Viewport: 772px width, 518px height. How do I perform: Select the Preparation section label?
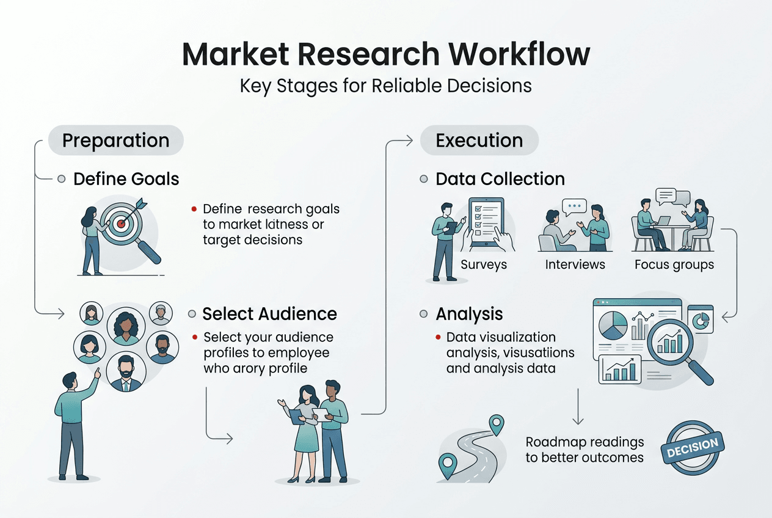click(x=115, y=140)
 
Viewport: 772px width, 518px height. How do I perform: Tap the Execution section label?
click(x=479, y=140)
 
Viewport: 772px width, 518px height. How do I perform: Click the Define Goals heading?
click(x=126, y=179)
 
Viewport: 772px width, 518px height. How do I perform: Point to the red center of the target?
click(x=121, y=224)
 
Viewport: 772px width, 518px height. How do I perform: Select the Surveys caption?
click(x=484, y=264)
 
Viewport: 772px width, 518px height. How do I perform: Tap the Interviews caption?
click(x=575, y=264)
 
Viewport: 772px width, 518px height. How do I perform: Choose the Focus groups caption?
click(x=674, y=264)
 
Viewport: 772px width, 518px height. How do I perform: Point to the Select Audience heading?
click(x=269, y=314)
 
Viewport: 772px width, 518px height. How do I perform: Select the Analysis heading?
click(x=469, y=314)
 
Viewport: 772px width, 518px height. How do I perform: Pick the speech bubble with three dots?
click(x=574, y=206)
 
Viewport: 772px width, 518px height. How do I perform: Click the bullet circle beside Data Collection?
click(x=424, y=179)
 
